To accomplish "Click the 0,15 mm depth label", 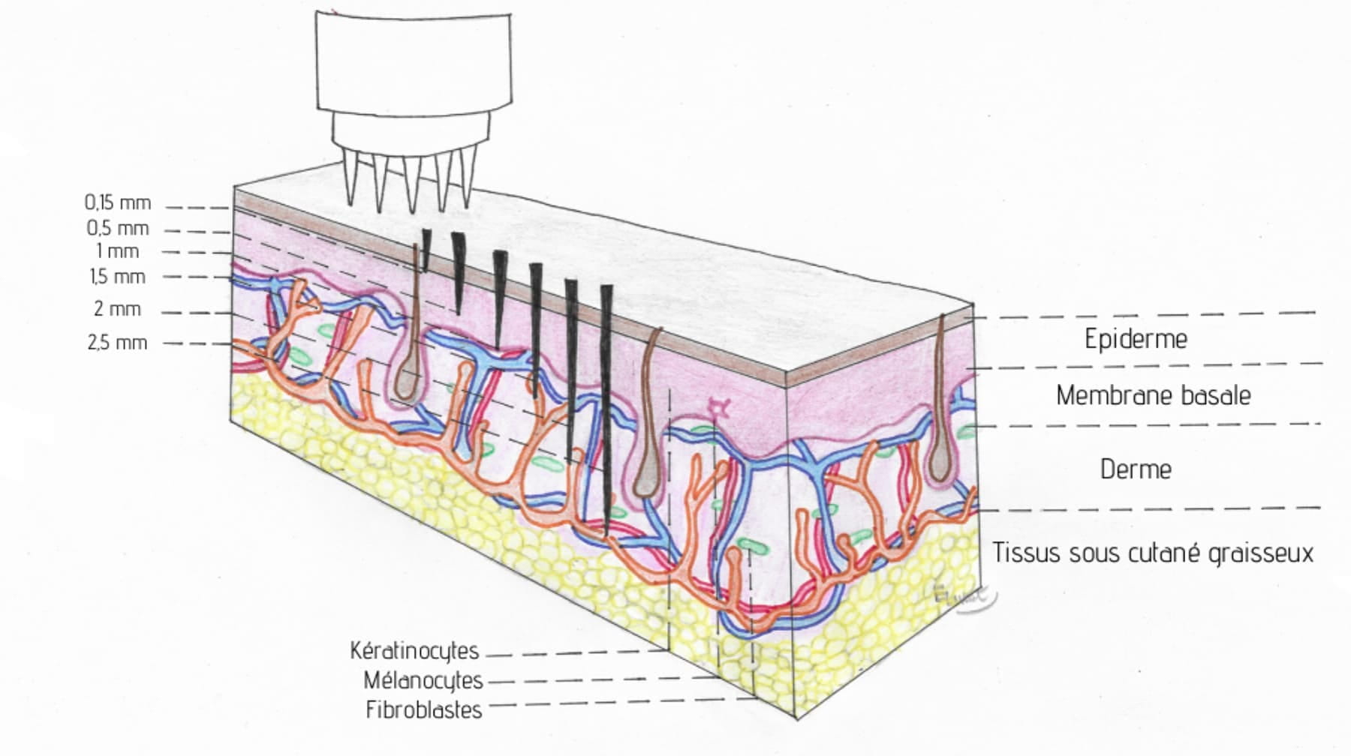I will pyautogui.click(x=117, y=202).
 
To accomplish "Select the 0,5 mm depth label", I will pyautogui.click(x=117, y=228).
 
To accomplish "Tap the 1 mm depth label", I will pyautogui.click(x=117, y=251).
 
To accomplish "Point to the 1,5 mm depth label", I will pyautogui.click(x=117, y=277).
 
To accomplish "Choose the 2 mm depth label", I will pyautogui.click(x=117, y=309).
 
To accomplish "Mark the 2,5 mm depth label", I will pyautogui.click(x=117, y=343).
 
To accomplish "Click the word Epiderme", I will pyautogui.click(x=1136, y=339).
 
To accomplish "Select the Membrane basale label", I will pyautogui.click(x=1153, y=395).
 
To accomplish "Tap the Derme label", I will pyautogui.click(x=1136, y=469).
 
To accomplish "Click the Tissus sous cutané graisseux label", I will pyautogui.click(x=1153, y=553).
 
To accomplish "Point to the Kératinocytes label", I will pyautogui.click(x=414, y=650).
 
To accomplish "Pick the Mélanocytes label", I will pyautogui.click(x=423, y=680).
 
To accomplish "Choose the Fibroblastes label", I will pyautogui.click(x=424, y=709).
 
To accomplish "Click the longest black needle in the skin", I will pyautogui.click(x=606, y=405).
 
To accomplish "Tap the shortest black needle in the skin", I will pyautogui.click(x=426, y=247).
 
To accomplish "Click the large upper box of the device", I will pyautogui.click(x=414, y=60).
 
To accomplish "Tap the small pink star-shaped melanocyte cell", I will pyautogui.click(x=720, y=408).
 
